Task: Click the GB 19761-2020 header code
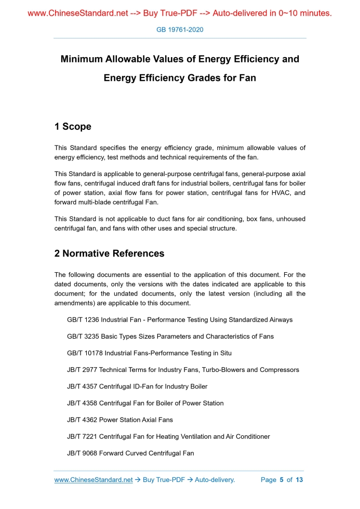point(180,30)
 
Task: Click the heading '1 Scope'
point(73,127)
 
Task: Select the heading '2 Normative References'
point(109,253)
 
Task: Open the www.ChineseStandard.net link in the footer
point(94,480)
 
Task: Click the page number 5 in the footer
point(281,480)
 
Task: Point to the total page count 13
point(299,480)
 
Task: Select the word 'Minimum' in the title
point(82,59)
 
